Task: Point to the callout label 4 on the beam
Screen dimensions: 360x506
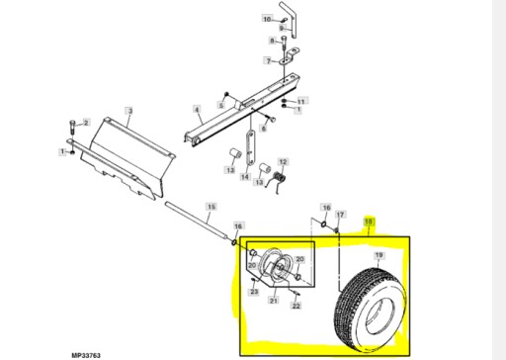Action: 196,109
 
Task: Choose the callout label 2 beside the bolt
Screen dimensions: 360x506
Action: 85,123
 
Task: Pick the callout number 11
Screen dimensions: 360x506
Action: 302,101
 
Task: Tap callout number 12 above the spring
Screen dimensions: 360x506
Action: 282,162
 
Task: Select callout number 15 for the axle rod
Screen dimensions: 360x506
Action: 210,207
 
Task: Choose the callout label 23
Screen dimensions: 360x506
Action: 254,292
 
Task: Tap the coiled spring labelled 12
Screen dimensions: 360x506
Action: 281,178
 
